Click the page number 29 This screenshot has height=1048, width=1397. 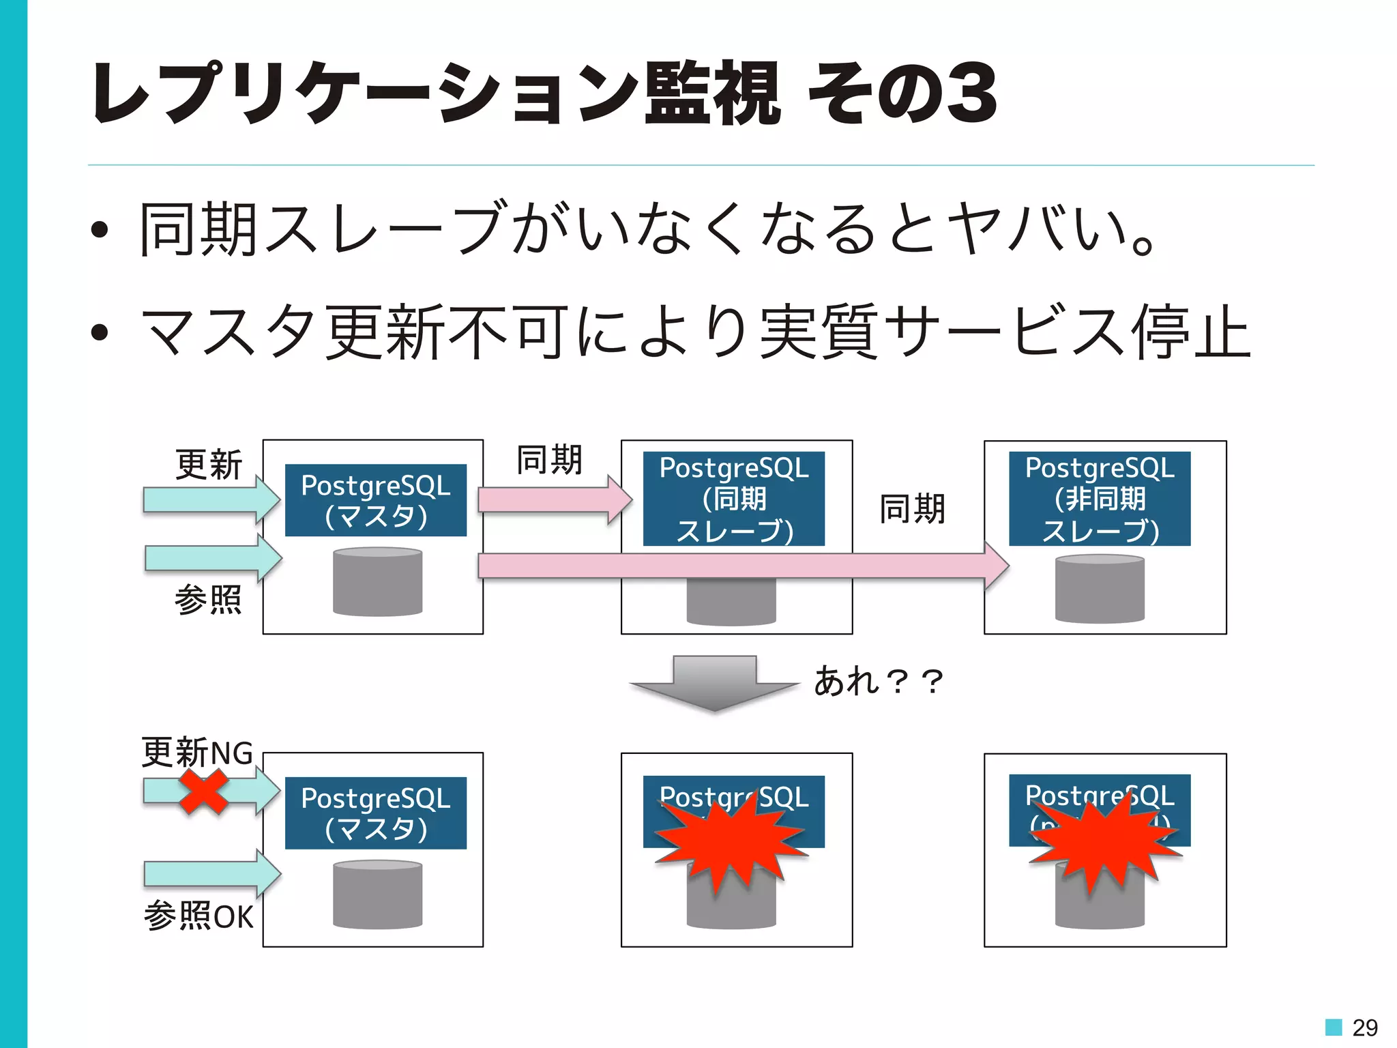click(x=1364, y=1027)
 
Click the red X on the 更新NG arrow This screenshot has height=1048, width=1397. click(x=203, y=791)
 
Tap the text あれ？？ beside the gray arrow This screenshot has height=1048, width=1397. click(x=879, y=681)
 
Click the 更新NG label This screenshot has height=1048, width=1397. click(x=197, y=753)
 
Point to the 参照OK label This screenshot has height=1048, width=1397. click(x=198, y=916)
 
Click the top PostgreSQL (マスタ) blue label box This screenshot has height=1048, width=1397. click(x=376, y=500)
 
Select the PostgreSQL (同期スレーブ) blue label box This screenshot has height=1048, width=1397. click(x=733, y=499)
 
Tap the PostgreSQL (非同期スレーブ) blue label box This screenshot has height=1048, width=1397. click(x=1100, y=499)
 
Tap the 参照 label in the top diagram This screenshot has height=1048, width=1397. click(x=208, y=600)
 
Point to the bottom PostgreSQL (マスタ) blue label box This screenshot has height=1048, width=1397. click(x=376, y=813)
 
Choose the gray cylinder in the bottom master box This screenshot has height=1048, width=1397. click(x=377, y=894)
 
